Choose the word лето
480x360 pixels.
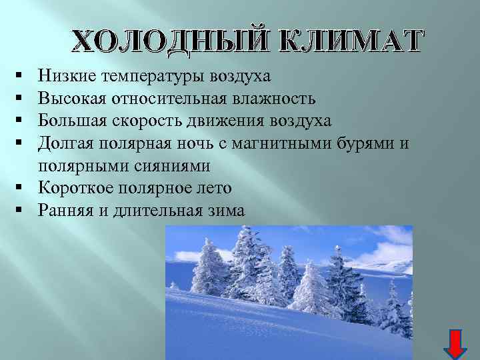tap(212, 188)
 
